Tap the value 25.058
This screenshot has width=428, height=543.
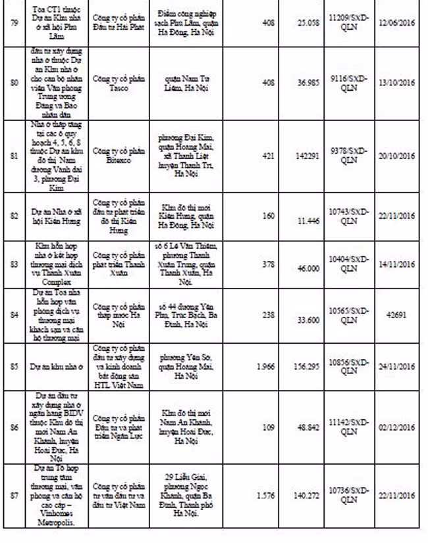pyautogui.click(x=307, y=31)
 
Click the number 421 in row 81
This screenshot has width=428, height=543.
pyautogui.click(x=269, y=156)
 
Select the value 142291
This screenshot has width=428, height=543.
pyautogui.click(x=306, y=156)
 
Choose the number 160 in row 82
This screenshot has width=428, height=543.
pyautogui.click(x=269, y=216)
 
